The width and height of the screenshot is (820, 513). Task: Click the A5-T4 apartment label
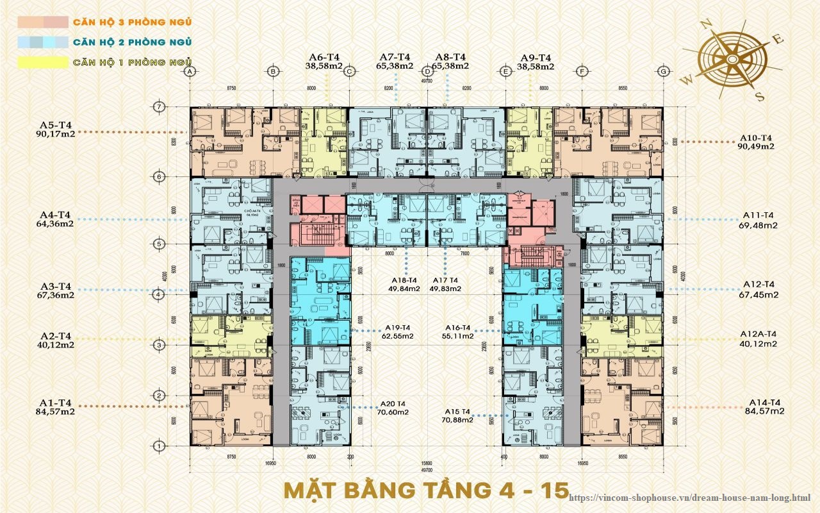[x=55, y=124]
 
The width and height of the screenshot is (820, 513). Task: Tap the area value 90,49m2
[x=757, y=146]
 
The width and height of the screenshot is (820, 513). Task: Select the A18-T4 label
[x=405, y=280]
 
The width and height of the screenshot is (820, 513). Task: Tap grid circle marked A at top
[x=189, y=71]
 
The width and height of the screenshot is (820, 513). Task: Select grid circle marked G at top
[x=663, y=71]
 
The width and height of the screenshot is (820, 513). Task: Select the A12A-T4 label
[x=758, y=334]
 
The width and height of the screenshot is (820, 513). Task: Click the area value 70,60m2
[x=397, y=412]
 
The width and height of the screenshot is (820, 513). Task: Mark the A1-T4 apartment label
[x=55, y=402]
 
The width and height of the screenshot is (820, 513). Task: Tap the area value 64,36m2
[x=55, y=224]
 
